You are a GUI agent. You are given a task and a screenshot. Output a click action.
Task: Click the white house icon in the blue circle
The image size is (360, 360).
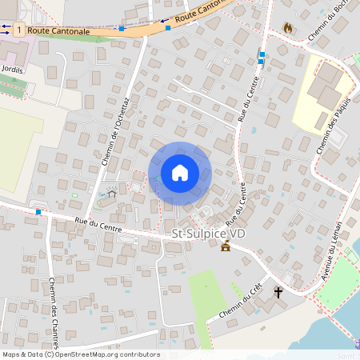179,172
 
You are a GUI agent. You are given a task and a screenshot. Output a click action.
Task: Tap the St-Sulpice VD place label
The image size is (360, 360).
209,234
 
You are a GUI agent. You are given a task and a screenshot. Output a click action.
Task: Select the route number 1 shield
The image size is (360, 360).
18,29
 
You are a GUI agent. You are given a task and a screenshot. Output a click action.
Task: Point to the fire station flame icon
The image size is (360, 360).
288,28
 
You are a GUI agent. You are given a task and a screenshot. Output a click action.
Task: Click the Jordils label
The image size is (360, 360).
13,70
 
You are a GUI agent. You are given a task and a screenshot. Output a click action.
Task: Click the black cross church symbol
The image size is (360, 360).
278,292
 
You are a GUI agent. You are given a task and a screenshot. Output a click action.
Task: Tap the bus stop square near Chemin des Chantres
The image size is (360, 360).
38,212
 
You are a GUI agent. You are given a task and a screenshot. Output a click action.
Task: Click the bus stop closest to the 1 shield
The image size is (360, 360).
122,29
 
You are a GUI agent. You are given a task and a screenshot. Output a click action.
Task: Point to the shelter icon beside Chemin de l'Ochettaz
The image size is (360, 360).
111,192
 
